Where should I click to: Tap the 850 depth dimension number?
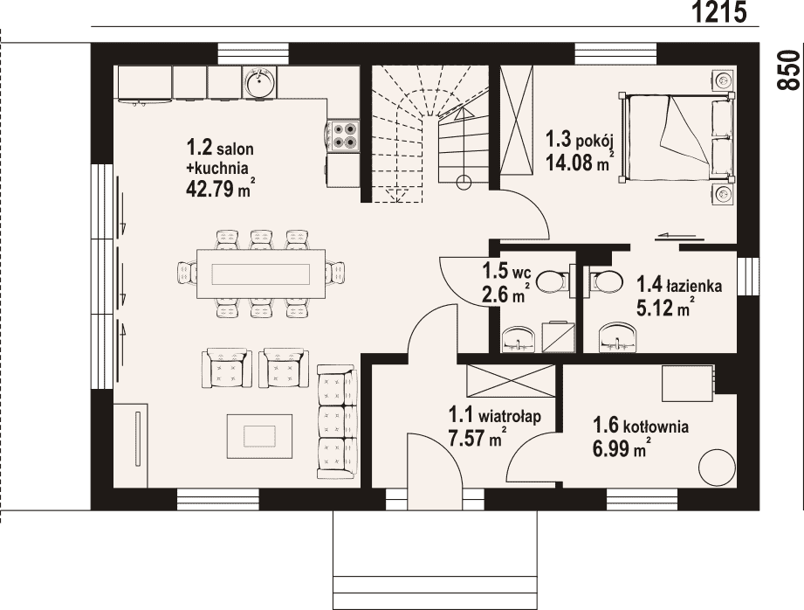788,70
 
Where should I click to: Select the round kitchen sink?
259,82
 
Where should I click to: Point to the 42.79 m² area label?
221,188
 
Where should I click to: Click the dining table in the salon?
261,274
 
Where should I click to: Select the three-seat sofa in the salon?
336,421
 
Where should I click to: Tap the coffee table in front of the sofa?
260,435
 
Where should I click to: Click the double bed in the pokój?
677,138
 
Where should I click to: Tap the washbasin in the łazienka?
620,337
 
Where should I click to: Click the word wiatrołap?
510,415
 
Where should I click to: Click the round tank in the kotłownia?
718,468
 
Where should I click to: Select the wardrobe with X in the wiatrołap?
511,380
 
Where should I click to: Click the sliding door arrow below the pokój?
680,236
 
